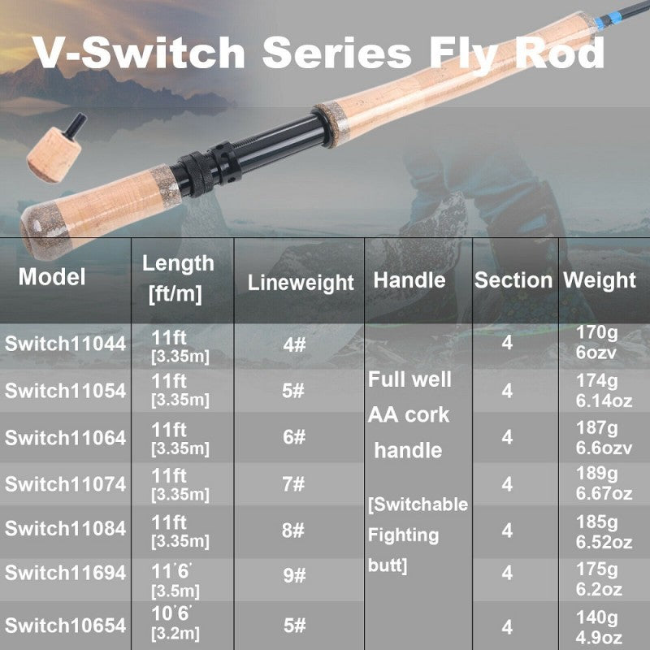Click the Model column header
tap(52, 277)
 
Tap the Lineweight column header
tap(301, 283)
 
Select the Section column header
tap(513, 280)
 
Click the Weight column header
tap(600, 280)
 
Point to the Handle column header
tap(409, 280)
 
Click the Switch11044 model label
tap(66, 344)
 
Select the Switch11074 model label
tap(66, 484)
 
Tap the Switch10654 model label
tap(66, 626)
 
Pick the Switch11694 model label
tap(66, 574)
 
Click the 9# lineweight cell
tap(293, 576)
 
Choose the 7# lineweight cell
tap(293, 484)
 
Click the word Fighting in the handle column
tap(403, 535)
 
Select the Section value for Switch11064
tap(507, 438)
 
